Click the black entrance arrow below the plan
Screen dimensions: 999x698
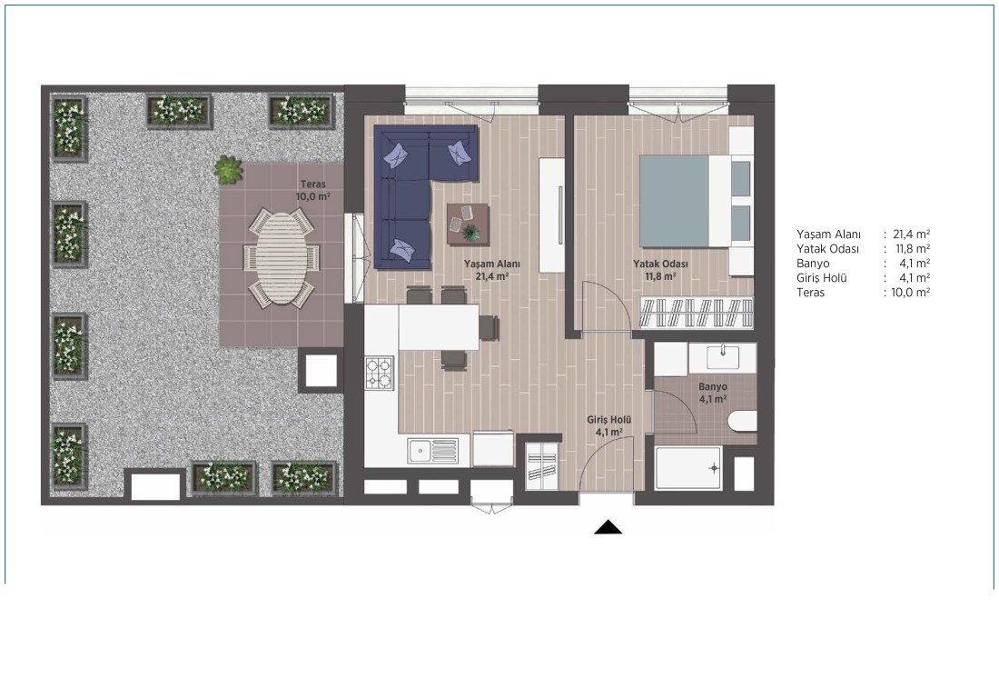pos(608,527)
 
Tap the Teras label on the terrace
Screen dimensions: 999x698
pos(313,184)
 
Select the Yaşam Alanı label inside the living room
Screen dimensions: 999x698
pos(492,264)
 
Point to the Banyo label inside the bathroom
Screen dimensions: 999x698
pos(712,387)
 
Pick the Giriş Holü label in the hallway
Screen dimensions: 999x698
pos(609,421)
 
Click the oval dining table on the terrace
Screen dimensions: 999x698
pos(281,256)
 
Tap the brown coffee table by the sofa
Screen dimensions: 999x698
pos(468,224)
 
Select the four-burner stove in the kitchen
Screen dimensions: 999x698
pos(379,373)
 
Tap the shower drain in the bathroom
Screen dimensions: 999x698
pos(714,468)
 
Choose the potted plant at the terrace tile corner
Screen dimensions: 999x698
pos(229,170)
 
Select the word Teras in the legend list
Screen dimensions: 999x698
pos(810,293)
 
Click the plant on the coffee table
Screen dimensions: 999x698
pos(471,232)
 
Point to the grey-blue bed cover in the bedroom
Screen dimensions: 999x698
pos(674,200)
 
